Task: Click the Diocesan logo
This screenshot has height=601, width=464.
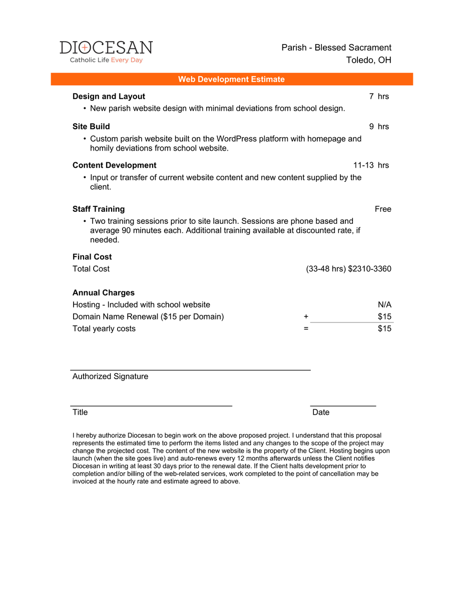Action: [106, 52]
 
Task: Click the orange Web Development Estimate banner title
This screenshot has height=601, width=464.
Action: [231, 79]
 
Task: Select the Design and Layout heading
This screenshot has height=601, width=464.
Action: [109, 96]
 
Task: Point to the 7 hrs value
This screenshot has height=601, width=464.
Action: [379, 96]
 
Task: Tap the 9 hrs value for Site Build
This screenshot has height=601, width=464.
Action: [379, 126]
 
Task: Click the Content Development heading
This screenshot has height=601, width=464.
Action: [114, 165]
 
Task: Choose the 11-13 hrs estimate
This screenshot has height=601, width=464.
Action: [371, 165]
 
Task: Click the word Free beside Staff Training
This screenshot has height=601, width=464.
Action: [383, 209]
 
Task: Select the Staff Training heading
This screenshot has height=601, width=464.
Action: [99, 209]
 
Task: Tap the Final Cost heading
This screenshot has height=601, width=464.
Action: [92, 257]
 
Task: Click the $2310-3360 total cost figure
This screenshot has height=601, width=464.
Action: [369, 269]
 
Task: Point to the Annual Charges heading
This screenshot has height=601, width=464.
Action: [104, 292]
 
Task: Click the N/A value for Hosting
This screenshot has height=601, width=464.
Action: [384, 305]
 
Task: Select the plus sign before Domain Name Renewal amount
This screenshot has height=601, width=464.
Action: [306, 317]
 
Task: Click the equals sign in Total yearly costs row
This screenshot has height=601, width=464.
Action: [306, 329]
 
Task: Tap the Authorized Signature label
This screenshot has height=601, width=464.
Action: [110, 376]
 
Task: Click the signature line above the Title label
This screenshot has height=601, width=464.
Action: [151, 405]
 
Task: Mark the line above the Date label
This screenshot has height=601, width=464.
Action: [343, 405]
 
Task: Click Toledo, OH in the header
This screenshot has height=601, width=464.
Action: [368, 60]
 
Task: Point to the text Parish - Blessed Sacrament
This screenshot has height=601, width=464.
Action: [336, 48]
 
